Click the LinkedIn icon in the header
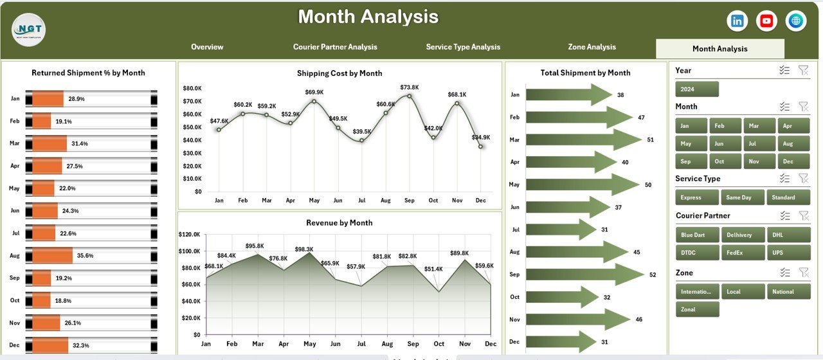tap(737, 21)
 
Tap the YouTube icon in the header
tap(766, 21)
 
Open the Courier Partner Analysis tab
tap(335, 47)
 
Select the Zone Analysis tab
tap(592, 47)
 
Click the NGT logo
tap(29, 30)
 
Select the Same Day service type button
tap(743, 197)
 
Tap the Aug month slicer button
tap(788, 143)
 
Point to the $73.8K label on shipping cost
tap(409, 87)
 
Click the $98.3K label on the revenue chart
tap(304, 249)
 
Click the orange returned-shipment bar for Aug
tap(52, 256)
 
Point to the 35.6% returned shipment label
tap(84, 256)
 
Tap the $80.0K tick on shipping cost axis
tap(192, 88)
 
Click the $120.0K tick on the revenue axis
tap(188, 235)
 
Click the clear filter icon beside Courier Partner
tap(803, 216)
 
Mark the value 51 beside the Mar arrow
tap(651, 139)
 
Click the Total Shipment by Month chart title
tap(585, 73)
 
